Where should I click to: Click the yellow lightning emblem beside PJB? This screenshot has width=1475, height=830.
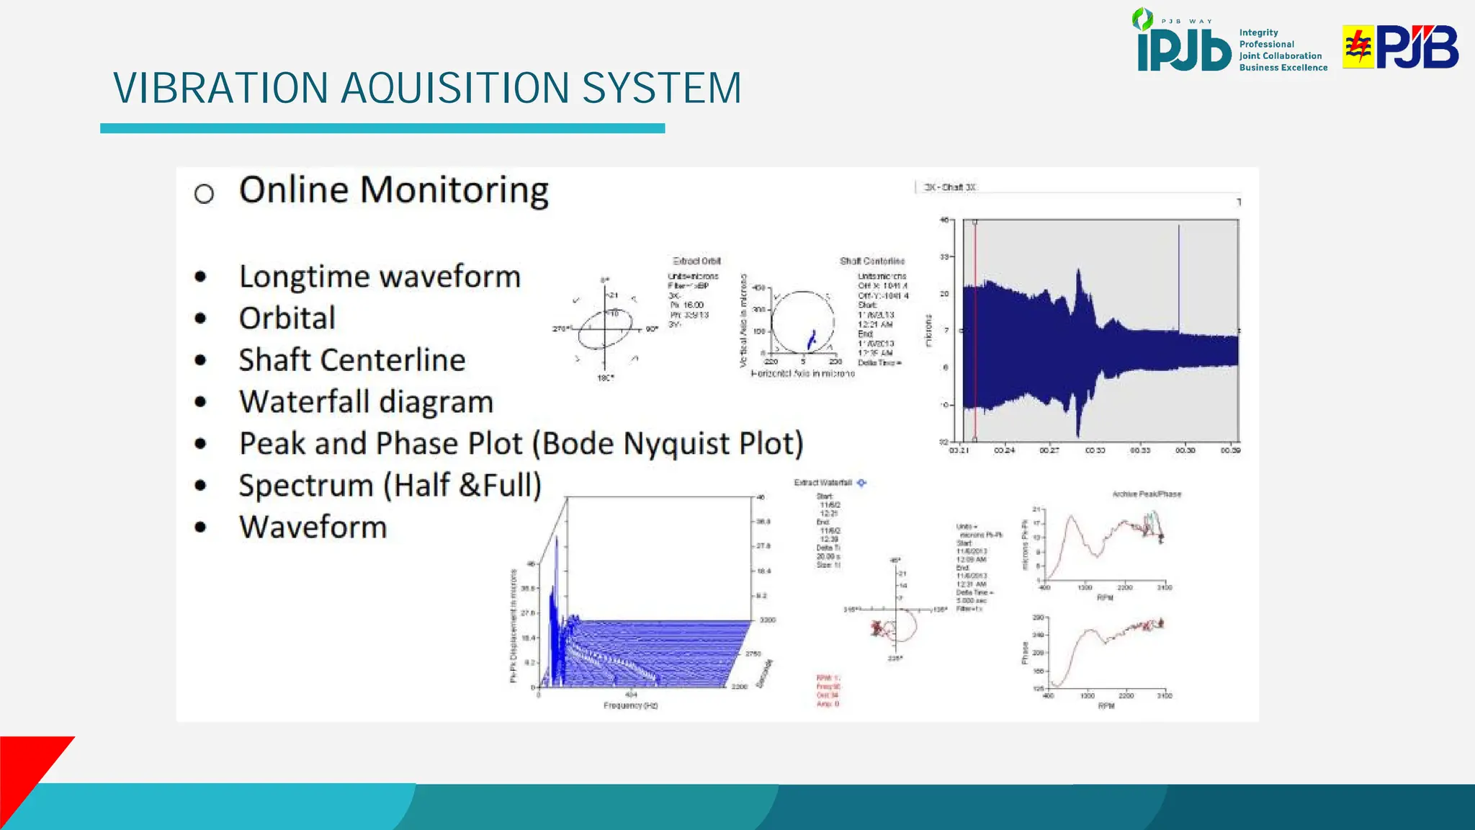(1358, 47)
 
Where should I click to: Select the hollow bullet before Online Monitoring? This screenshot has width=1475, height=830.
(204, 193)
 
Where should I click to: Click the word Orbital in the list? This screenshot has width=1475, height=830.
(287, 318)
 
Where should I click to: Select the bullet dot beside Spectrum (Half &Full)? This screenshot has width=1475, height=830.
(201, 486)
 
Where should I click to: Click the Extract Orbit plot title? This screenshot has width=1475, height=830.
(696, 261)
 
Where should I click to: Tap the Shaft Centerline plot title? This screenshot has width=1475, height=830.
(871, 261)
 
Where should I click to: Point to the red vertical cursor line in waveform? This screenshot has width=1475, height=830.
(975, 331)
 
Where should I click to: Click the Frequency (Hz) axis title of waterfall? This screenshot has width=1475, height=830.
(630, 705)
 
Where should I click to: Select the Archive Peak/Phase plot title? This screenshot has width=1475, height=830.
(1147, 494)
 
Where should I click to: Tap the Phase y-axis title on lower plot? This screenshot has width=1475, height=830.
(1025, 653)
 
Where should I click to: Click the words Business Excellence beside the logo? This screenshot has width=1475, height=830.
(1283, 68)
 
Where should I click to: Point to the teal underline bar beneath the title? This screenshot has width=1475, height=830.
(382, 128)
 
